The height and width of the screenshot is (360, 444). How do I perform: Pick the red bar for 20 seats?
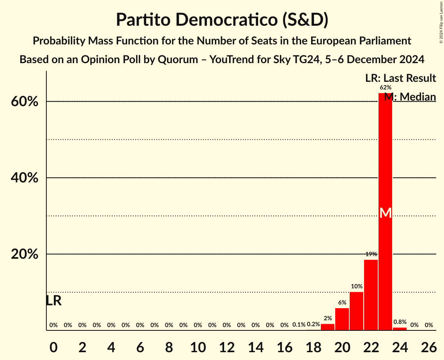(x=342, y=319)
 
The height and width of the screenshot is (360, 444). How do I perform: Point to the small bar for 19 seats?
(x=328, y=327)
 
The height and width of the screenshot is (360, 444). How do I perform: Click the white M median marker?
(x=386, y=213)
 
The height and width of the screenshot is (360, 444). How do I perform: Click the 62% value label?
(x=386, y=88)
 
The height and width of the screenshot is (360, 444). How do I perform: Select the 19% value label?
(x=371, y=254)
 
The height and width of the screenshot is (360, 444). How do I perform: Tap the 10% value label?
(x=357, y=286)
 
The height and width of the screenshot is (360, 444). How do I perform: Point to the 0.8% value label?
(x=400, y=322)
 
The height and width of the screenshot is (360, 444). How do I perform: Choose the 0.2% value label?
(x=313, y=324)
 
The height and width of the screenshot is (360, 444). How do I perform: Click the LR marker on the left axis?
(x=54, y=300)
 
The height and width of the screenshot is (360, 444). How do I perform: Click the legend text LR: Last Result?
(x=400, y=78)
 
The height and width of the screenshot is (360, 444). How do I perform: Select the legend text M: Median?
(x=410, y=97)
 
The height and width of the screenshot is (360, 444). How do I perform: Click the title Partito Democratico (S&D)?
(x=222, y=20)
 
